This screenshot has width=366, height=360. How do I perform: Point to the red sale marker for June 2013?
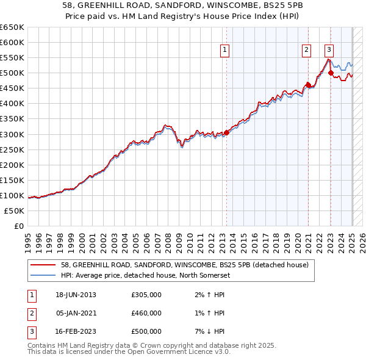[x=227, y=132]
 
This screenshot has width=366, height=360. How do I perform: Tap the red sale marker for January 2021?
[x=309, y=85]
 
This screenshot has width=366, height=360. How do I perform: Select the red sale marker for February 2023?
[x=331, y=73]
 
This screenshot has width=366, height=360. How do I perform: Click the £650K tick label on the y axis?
[x=12, y=27]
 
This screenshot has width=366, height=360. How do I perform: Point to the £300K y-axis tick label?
[x=12, y=134]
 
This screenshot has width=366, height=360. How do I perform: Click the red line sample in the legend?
[x=44, y=265]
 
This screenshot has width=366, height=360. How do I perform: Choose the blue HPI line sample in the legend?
[x=44, y=275]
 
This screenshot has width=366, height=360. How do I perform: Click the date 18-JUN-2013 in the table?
[x=76, y=295]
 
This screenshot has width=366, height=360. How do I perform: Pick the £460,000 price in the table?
[x=146, y=313]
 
